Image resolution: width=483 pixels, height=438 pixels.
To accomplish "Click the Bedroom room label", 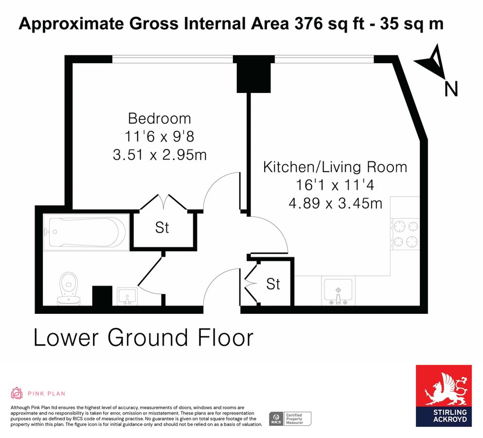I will [x=159, y=118].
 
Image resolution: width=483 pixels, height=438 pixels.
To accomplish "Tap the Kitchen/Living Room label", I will [x=335, y=167].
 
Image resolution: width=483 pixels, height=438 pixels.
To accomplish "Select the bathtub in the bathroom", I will [x=86, y=232].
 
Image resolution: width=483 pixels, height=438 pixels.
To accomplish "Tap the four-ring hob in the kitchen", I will [x=405, y=234].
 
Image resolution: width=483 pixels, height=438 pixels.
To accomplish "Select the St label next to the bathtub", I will [x=162, y=228].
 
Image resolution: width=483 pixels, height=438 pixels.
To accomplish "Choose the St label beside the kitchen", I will [x=273, y=284].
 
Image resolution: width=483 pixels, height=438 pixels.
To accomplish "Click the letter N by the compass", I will [x=451, y=89].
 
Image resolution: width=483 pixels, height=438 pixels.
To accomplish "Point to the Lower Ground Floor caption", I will [x=143, y=338].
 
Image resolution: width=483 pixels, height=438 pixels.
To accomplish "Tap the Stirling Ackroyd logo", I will [x=443, y=395].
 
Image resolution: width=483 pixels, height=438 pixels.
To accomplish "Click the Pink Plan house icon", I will [x=17, y=393].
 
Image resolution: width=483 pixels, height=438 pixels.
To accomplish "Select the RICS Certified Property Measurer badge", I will [x=290, y=419].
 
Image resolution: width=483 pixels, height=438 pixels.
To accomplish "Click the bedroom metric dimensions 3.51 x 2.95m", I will [x=159, y=155].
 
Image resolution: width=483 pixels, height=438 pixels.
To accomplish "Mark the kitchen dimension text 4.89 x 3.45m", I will [x=335, y=203].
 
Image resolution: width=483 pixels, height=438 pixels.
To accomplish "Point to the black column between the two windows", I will [x=253, y=74].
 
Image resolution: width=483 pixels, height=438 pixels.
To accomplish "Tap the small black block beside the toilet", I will [x=102, y=295].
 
